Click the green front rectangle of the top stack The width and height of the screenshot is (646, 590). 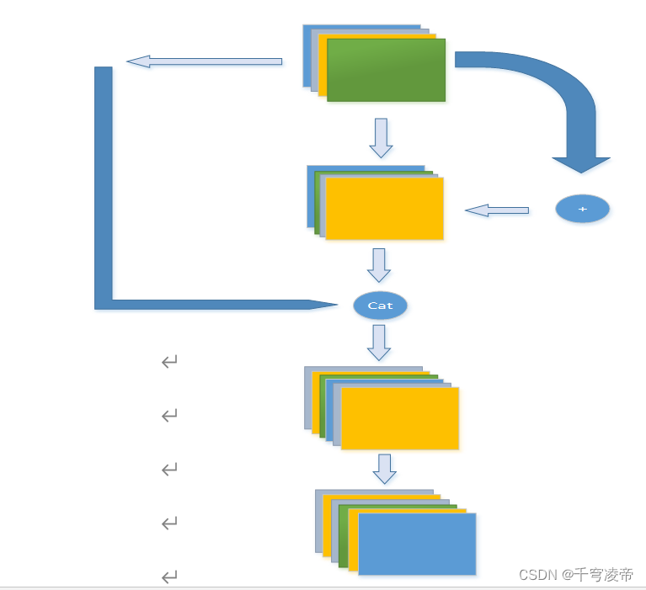[x=386, y=70]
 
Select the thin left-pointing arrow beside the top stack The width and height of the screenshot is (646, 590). [x=204, y=61]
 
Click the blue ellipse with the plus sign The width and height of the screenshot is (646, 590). [x=582, y=209]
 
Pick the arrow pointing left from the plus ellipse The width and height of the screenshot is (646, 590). [x=496, y=210]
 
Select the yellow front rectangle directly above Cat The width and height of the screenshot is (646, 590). [x=384, y=209]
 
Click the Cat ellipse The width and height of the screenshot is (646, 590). [x=380, y=306]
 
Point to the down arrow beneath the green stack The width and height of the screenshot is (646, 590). [x=381, y=138]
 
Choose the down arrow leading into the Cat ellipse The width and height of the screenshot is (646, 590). [x=379, y=265]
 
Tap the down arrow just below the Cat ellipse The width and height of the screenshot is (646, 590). [x=379, y=343]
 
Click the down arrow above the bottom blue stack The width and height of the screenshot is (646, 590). [x=385, y=469]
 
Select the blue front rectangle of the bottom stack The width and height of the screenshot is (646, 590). [x=417, y=544]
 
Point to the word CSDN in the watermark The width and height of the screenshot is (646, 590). [x=538, y=575]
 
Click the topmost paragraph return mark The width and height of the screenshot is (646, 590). [x=169, y=362]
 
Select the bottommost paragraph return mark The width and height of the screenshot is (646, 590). [x=169, y=577]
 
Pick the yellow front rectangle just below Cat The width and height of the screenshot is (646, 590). [x=399, y=418]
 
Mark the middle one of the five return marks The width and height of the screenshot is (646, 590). [x=169, y=470]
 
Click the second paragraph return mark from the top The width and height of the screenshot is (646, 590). [x=169, y=416]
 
